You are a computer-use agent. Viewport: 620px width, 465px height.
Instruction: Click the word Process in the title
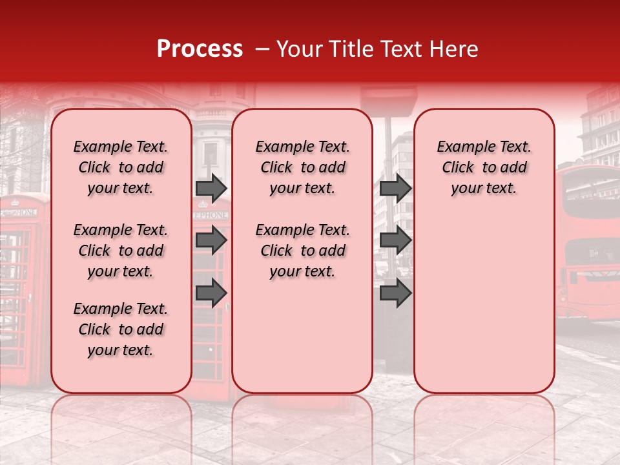pyautogui.click(x=200, y=49)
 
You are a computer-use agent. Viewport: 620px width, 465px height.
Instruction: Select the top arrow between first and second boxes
pyautogui.click(x=211, y=188)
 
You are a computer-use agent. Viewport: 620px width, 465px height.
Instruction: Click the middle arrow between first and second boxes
pyautogui.click(x=211, y=240)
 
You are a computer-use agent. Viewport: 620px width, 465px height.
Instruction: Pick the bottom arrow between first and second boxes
pyautogui.click(x=211, y=293)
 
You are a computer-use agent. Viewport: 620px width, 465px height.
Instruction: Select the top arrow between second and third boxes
pyautogui.click(x=395, y=188)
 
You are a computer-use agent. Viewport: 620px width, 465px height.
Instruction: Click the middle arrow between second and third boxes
pyautogui.click(x=395, y=240)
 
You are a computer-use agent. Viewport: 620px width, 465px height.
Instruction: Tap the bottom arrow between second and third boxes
pyautogui.click(x=395, y=293)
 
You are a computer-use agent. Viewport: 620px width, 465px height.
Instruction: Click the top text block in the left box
pyautogui.click(x=121, y=167)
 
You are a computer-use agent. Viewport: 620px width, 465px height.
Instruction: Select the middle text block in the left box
pyautogui.click(x=121, y=251)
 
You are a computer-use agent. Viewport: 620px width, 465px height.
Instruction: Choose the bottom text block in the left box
pyautogui.click(x=121, y=329)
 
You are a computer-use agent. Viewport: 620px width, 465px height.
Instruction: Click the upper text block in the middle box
pyautogui.click(x=302, y=167)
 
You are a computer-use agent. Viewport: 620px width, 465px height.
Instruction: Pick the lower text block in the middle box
pyautogui.click(x=302, y=251)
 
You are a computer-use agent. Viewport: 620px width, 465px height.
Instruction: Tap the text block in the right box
pyautogui.click(x=484, y=167)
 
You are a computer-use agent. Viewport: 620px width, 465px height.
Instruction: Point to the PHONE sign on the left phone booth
pyautogui.click(x=23, y=211)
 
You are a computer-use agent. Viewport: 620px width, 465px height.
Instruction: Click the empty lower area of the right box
pyautogui.click(x=484, y=304)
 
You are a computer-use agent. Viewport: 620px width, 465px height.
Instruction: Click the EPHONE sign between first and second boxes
pyautogui.click(x=211, y=214)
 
